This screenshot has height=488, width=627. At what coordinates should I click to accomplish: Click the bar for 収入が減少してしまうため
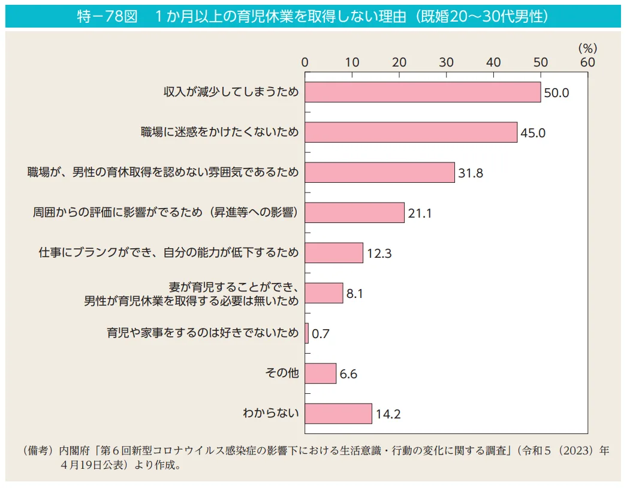tap(423, 92)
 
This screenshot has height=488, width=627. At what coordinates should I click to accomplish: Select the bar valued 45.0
tap(411, 132)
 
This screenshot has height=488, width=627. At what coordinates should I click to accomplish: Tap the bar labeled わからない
tap(338, 413)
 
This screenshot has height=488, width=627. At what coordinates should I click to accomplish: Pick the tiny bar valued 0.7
tap(307, 333)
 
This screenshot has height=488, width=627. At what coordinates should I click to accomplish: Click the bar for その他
tap(320, 373)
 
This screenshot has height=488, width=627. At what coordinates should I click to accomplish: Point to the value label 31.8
tap(471, 173)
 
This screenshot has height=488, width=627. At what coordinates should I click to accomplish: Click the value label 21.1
tap(420, 213)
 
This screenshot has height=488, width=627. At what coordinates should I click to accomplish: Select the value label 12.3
tap(379, 254)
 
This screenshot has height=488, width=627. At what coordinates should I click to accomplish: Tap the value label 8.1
tap(355, 294)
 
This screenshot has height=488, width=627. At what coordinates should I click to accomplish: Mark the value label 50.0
tap(556, 93)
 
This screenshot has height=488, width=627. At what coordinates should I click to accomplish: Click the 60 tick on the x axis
tap(587, 62)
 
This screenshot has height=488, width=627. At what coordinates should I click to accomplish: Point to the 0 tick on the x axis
tap(305, 62)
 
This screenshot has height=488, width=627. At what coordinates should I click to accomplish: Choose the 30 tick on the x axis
tap(446, 62)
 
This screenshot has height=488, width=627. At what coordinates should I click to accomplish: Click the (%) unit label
tap(587, 48)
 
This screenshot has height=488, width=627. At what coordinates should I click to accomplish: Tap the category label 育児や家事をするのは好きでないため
tap(203, 333)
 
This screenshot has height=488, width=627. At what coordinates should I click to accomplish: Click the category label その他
tap(282, 373)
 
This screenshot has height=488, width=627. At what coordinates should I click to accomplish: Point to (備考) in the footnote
tap(38, 450)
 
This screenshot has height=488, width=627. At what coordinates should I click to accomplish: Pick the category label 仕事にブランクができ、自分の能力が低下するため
tap(169, 253)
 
